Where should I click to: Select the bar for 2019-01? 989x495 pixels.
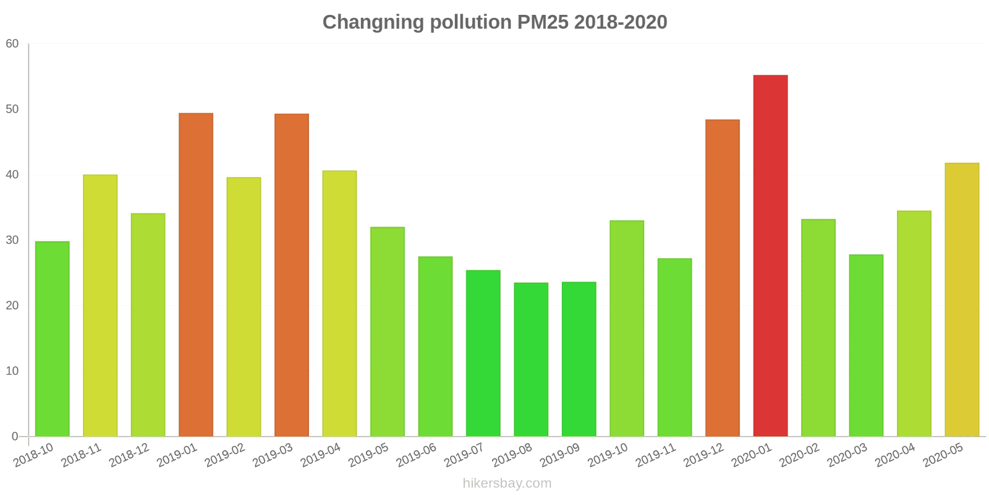point(196,275)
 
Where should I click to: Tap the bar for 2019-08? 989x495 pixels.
point(531,359)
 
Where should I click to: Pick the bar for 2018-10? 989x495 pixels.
point(53,338)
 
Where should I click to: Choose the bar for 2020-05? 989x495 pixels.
point(962,299)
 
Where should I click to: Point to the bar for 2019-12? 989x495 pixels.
point(722,278)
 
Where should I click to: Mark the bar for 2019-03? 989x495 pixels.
point(292,275)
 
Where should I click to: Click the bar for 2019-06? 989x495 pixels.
point(435,346)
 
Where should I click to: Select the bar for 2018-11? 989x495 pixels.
point(100,306)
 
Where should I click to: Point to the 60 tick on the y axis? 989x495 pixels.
point(12,44)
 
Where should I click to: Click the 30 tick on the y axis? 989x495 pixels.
point(12,240)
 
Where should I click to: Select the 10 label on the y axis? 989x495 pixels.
point(12,371)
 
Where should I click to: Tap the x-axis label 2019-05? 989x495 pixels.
point(368,455)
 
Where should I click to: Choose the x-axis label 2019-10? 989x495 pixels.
point(608,455)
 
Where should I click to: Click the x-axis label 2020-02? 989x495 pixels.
point(799,455)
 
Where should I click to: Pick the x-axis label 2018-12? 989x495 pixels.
point(129,455)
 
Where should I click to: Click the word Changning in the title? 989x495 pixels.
point(373,22)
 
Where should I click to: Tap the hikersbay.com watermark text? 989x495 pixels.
point(507,483)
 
